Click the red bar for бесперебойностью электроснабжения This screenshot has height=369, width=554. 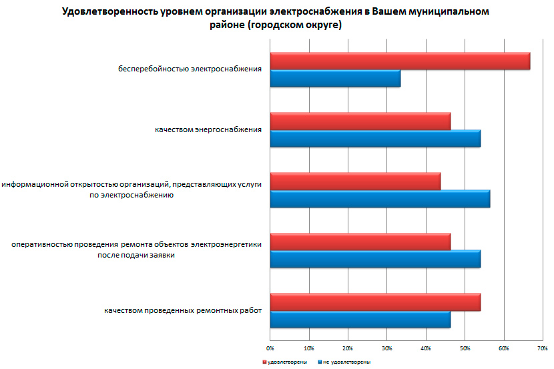tap(400, 61)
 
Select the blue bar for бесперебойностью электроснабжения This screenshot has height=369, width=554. tap(335, 78)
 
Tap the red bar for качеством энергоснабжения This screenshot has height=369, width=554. tap(360, 121)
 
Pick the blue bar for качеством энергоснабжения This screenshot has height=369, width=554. tap(375, 138)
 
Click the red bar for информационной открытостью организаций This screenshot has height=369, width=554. tap(355, 181)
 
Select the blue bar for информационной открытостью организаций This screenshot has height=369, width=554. tap(380, 199)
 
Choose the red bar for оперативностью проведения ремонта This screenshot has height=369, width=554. tap(360, 242)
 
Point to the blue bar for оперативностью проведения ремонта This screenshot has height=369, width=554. tap(375, 259)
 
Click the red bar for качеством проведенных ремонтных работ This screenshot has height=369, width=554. tap(375, 302)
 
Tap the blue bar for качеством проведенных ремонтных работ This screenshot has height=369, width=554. tap(360, 320)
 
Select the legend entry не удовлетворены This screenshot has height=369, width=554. tap(345, 362)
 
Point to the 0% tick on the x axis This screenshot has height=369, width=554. tap(270, 348)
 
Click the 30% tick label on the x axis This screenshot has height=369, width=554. tap(387, 348)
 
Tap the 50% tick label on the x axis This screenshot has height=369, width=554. tap(465, 348)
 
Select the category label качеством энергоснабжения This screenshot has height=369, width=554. tap(208, 129)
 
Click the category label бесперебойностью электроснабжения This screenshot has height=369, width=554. tap(189, 69)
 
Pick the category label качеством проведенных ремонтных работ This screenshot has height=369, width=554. tap(182, 311)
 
